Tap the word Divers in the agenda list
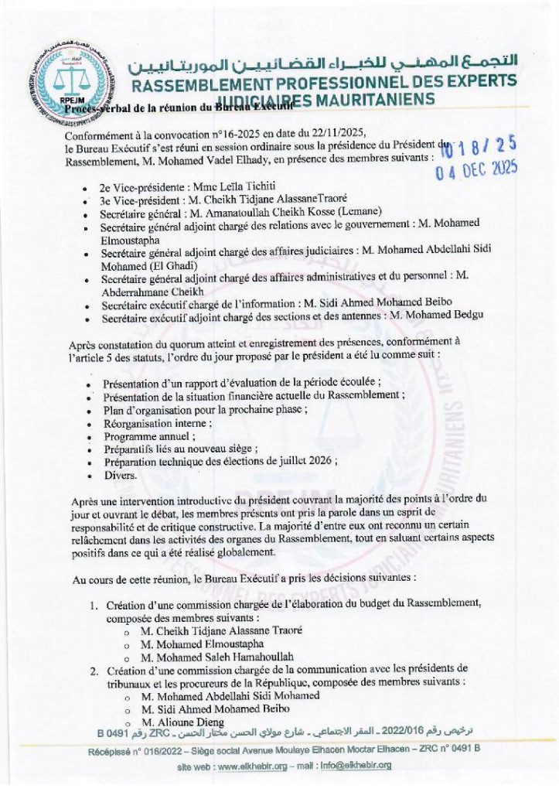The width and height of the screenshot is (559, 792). coord(121,475)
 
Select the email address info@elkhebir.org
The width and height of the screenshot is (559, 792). coord(359,766)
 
